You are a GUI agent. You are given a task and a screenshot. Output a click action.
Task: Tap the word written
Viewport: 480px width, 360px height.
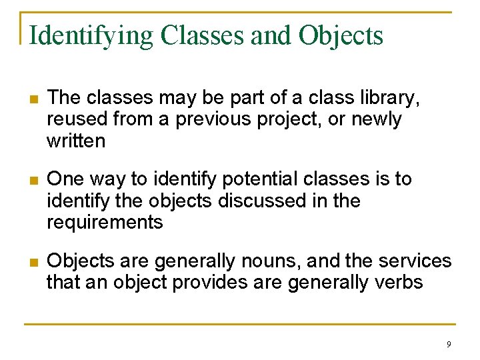(x=76, y=141)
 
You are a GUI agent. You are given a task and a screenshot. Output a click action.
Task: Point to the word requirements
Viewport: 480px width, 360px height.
(x=105, y=222)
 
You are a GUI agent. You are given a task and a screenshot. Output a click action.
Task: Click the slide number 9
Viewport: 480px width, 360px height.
(x=449, y=344)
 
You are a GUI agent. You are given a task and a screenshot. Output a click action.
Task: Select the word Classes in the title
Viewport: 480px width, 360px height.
(x=202, y=35)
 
